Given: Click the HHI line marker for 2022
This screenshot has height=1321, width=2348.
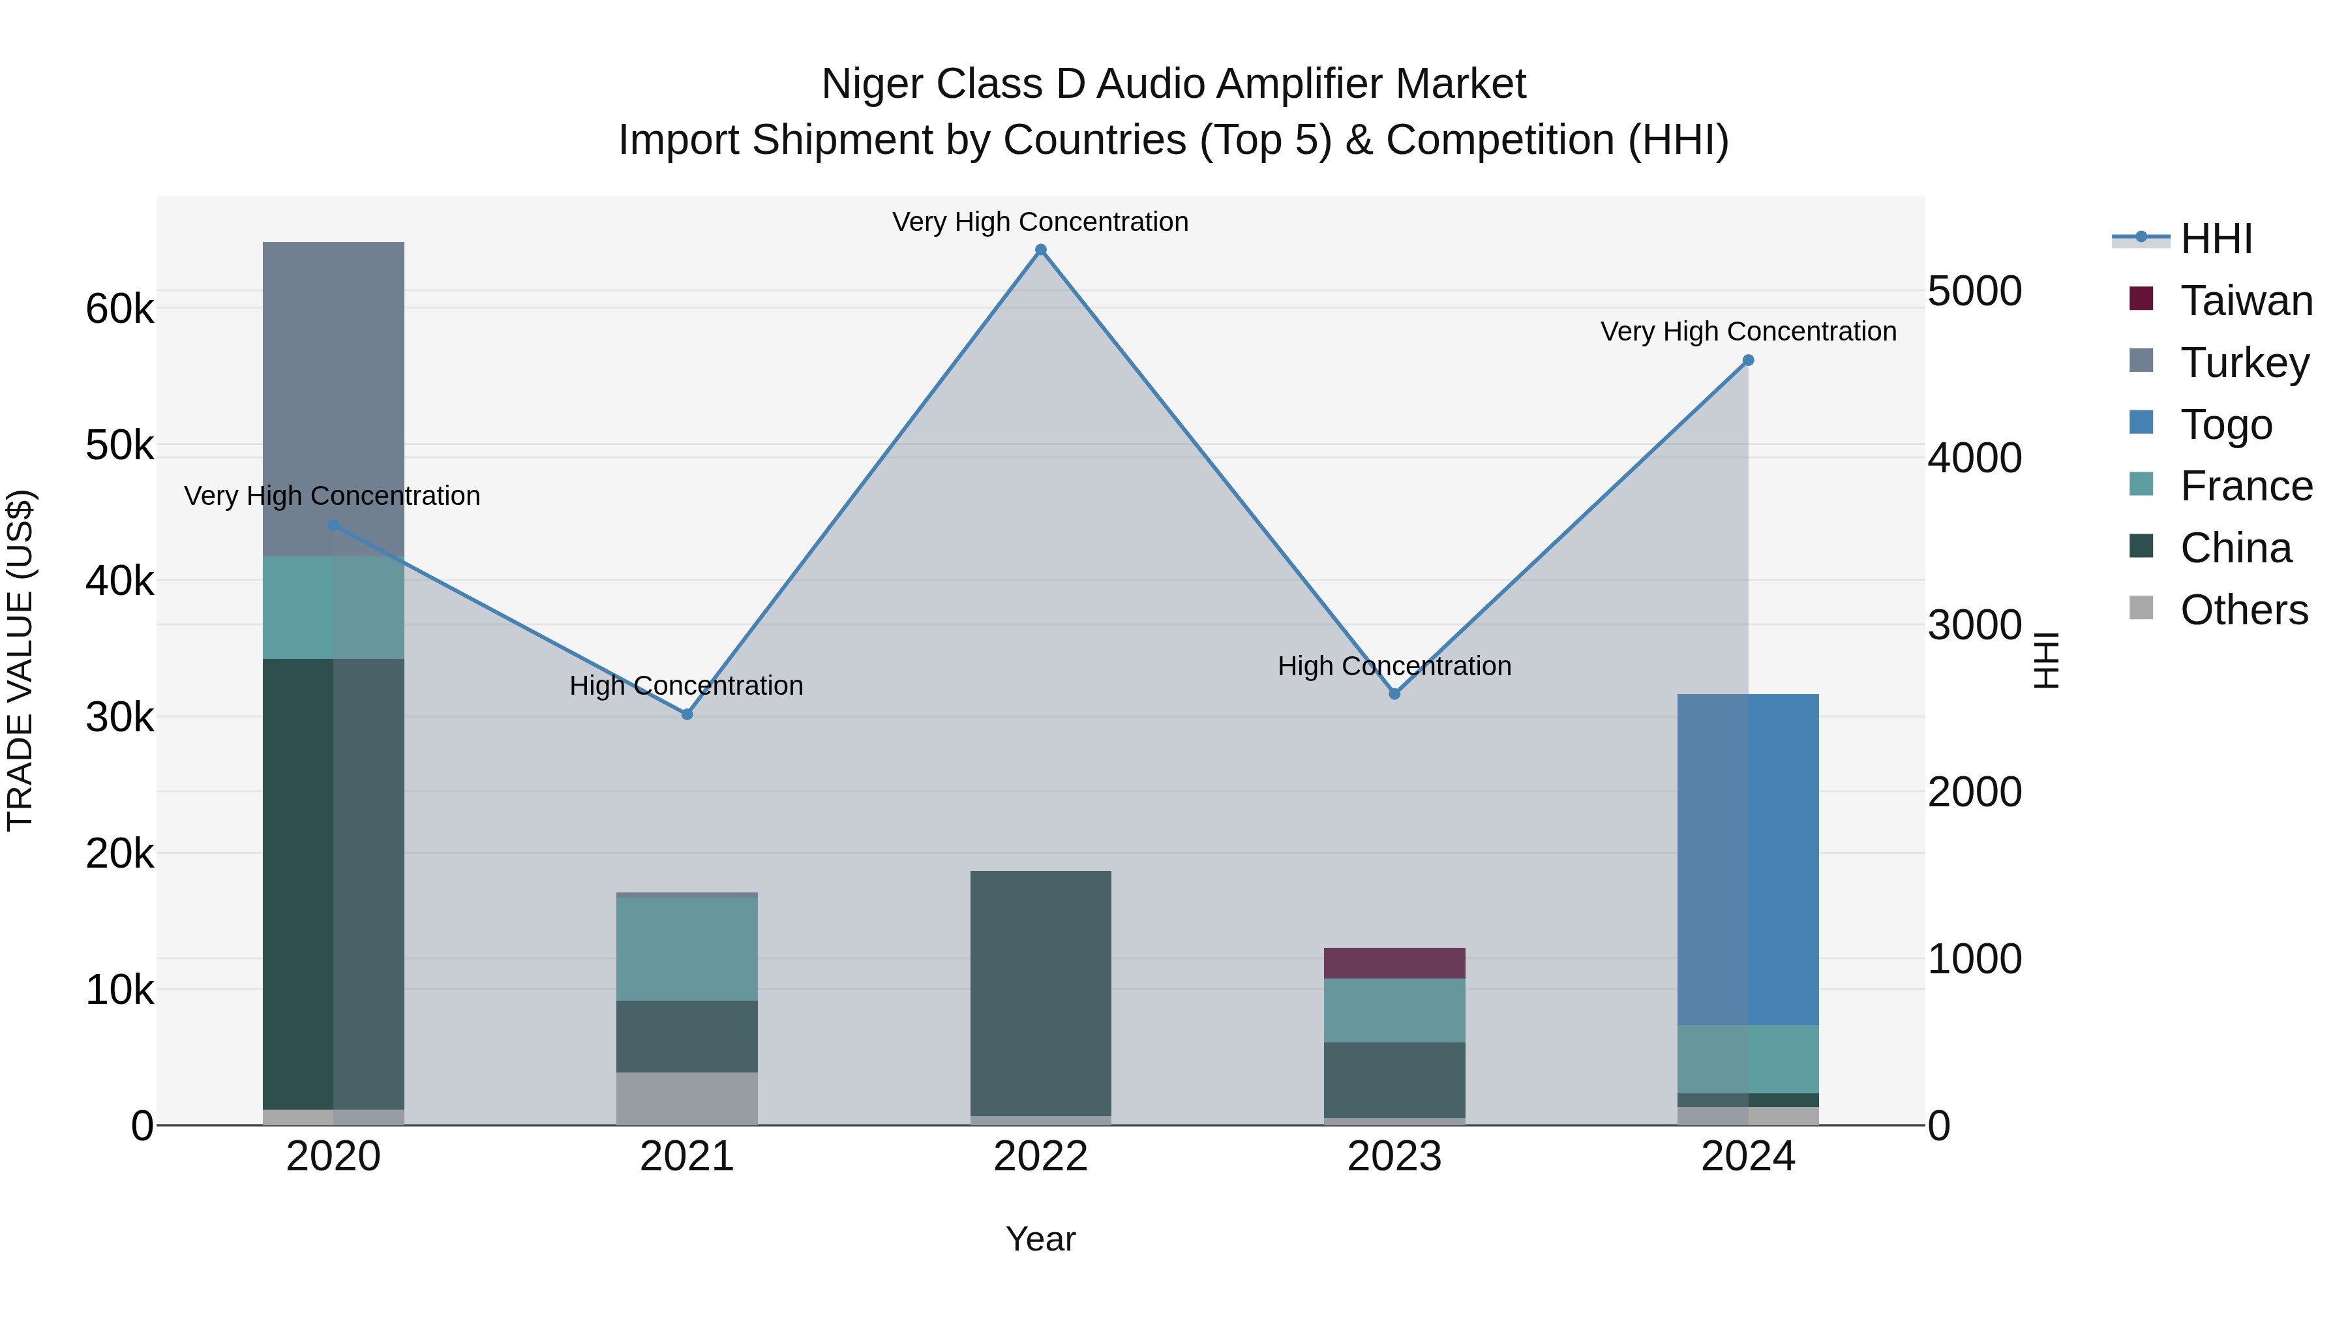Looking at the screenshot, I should [1040, 250].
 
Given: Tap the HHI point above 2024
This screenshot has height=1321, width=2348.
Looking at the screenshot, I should [1747, 361].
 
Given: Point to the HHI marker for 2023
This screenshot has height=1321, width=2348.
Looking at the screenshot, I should [1394, 695].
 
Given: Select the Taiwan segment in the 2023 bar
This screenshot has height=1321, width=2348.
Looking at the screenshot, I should [1394, 964].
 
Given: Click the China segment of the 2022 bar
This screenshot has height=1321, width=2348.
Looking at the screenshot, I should [1040, 993].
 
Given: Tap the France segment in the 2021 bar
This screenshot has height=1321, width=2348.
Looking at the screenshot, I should [687, 949].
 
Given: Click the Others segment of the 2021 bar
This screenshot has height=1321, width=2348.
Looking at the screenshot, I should [687, 1098].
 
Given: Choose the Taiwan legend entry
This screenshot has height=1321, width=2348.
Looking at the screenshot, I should [2246, 301].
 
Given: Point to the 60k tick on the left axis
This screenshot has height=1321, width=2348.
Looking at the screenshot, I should [119, 310].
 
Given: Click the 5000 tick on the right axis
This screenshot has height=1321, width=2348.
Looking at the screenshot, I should [1974, 292].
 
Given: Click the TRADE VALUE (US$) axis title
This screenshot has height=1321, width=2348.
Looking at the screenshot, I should [21, 661].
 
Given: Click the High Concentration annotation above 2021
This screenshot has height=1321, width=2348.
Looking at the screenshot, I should [686, 686].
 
